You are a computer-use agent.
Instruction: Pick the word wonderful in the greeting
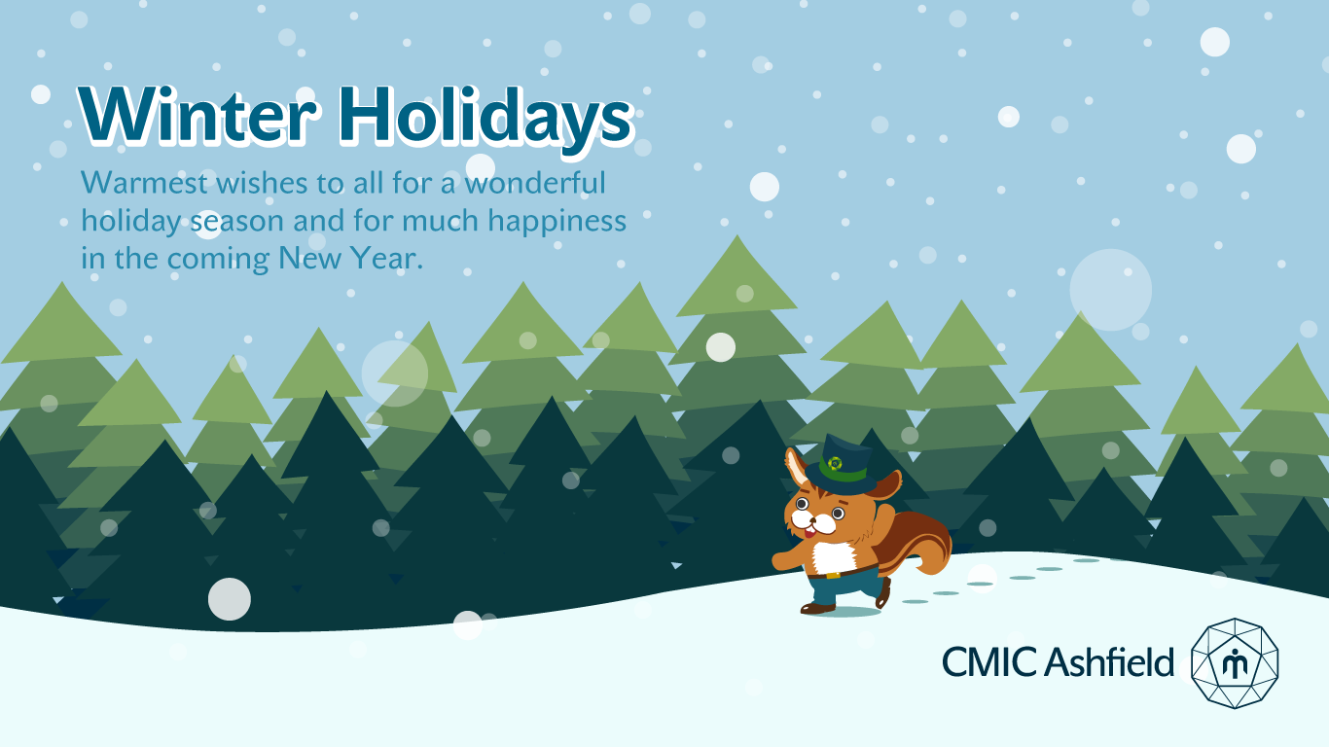point(534,182)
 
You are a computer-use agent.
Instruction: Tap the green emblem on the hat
point(835,463)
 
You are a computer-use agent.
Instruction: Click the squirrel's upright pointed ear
point(796,466)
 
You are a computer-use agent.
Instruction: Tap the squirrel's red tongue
point(808,533)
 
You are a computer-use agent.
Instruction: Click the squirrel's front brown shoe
point(817,608)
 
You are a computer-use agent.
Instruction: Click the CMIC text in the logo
point(989,662)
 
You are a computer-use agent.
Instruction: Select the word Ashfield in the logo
point(1108,661)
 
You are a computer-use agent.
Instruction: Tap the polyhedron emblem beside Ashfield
point(1235,663)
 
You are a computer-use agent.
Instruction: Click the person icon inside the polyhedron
point(1235,662)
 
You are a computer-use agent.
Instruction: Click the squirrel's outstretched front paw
point(782,560)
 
